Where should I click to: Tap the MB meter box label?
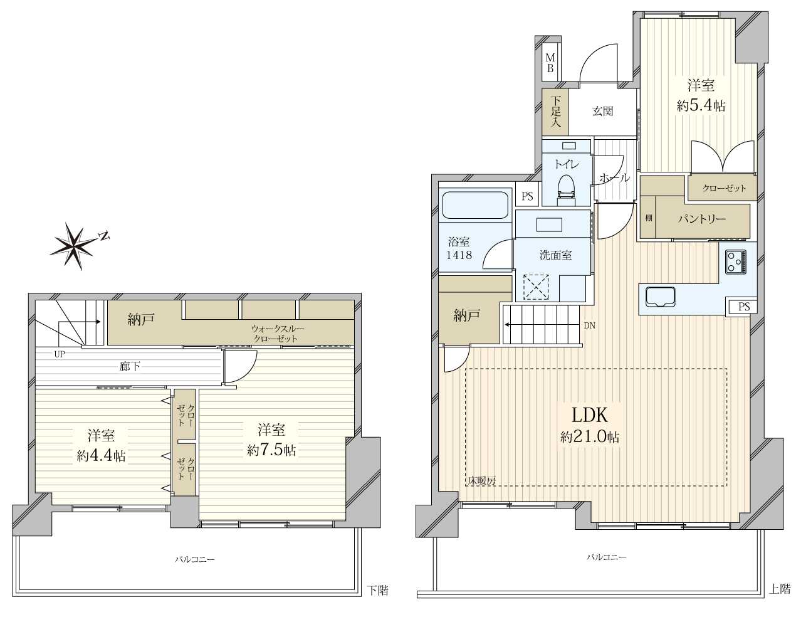(550, 63)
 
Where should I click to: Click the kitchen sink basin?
(660, 296)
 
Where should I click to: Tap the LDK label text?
(590, 415)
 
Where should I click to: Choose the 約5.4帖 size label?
(700, 106)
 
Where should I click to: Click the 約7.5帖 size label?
(271, 450)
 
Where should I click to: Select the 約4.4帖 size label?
(101, 456)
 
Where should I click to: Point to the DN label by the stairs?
(589, 325)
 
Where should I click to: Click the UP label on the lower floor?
(60, 354)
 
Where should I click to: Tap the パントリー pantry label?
(701, 219)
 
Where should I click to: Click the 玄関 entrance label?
(602, 111)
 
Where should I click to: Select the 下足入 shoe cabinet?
(555, 112)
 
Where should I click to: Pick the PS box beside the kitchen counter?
(743, 306)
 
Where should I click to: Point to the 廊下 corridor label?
(130, 367)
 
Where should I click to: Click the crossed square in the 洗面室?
(537, 287)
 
